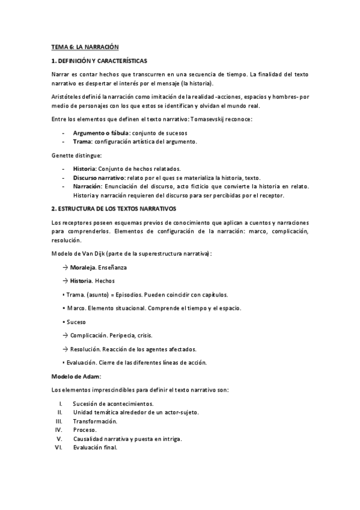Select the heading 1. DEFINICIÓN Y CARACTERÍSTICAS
[x=99, y=61]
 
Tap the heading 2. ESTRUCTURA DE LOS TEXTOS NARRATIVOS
[x=113, y=208]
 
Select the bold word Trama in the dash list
[x=82, y=142]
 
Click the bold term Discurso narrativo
[x=99, y=178]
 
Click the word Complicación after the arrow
[x=91, y=336]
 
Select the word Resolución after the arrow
[x=88, y=349]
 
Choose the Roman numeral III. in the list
[x=59, y=421]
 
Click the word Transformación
[x=95, y=421]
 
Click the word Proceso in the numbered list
[x=85, y=430]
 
